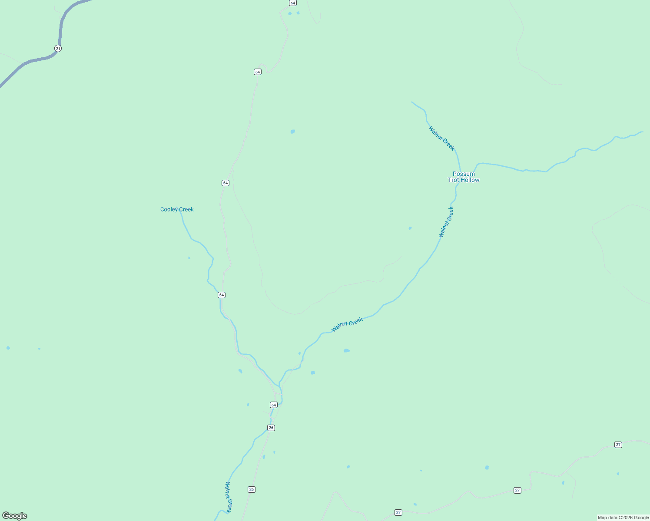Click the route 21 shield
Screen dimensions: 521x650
[x=58, y=48]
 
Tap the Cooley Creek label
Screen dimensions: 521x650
[x=177, y=209]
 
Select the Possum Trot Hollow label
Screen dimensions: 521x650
[x=464, y=177]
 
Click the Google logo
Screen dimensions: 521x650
[x=15, y=516]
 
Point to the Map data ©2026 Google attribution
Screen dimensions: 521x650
[x=623, y=518]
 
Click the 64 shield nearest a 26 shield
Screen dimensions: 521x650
[x=273, y=405]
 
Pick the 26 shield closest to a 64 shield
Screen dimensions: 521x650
[x=271, y=428]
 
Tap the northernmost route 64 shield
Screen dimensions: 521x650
[x=293, y=3]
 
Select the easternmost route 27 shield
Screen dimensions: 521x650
[x=618, y=445]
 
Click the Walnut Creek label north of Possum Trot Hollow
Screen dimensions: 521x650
[x=441, y=138]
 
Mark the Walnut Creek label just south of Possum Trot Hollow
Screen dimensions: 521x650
[x=446, y=222]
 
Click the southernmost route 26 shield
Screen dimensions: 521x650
[x=252, y=489]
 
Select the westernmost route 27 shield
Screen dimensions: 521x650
[x=398, y=512]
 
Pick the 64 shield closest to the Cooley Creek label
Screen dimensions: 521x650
[x=226, y=183]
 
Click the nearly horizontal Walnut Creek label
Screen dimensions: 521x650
[x=347, y=325]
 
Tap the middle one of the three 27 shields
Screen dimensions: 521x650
[x=517, y=490]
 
